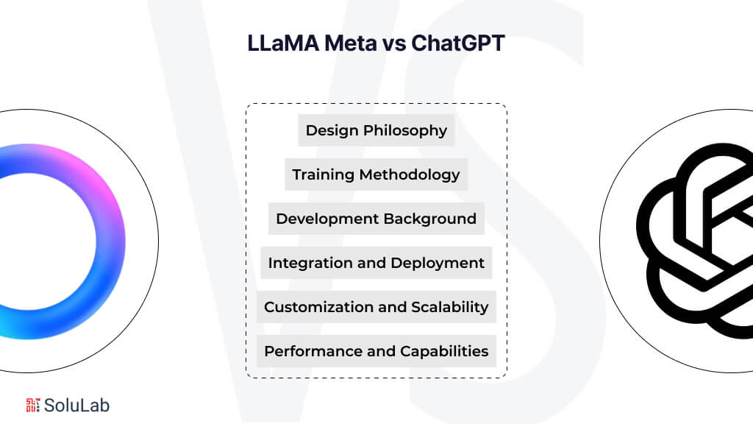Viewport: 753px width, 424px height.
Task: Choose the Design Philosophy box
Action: [376, 131]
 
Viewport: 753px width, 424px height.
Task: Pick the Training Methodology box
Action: [376, 175]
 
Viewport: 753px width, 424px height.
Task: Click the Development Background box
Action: [376, 219]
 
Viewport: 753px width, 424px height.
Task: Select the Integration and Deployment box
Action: [376, 263]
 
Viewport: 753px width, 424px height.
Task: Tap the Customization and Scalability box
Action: [376, 307]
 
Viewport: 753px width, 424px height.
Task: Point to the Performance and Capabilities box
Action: [376, 351]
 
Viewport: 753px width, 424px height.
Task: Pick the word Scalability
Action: [451, 307]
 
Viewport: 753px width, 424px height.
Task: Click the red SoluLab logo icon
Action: [33, 404]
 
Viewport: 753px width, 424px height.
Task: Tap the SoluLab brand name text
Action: [76, 404]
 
